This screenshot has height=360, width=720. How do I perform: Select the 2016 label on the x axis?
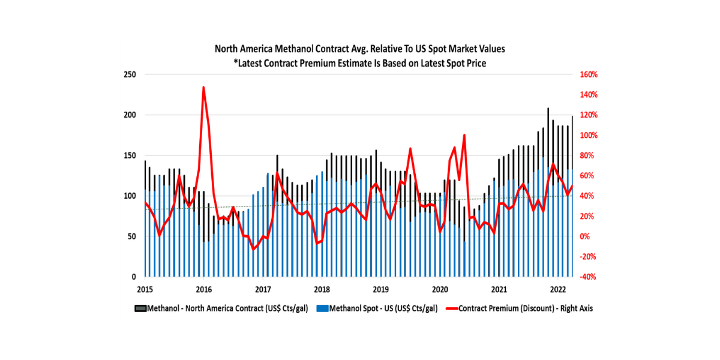click(203, 290)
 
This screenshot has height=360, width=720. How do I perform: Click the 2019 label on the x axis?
click(381, 290)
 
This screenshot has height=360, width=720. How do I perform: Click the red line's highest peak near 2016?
click(203, 88)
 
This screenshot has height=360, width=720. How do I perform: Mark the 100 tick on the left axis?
click(131, 196)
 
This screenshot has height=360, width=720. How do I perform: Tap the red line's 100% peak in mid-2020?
click(464, 135)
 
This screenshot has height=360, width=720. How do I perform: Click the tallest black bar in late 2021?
click(548, 109)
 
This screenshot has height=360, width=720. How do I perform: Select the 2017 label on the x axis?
click(263, 290)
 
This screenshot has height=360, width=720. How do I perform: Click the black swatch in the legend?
click(140, 308)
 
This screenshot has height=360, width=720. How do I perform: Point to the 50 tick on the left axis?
click(133, 236)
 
